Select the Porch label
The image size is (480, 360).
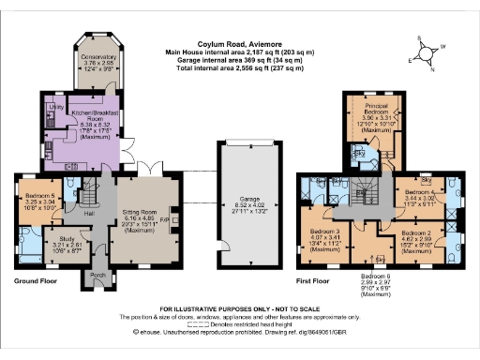[96, 276]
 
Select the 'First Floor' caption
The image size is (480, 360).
[317, 280]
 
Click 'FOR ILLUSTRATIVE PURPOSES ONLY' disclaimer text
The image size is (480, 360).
[238, 308]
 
